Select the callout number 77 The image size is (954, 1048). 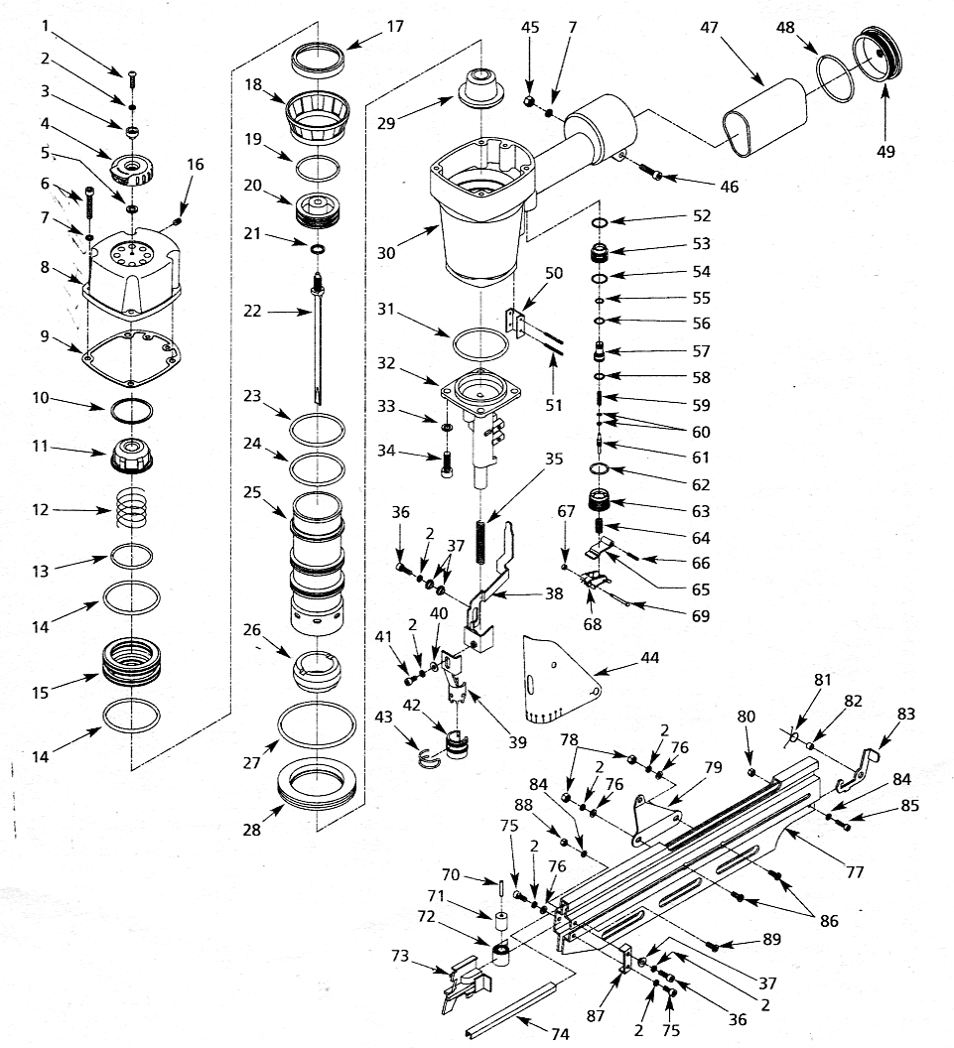[x=856, y=872]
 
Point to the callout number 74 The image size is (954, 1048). [x=561, y=1034]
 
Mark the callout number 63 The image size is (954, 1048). [x=701, y=511]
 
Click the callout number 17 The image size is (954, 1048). [x=394, y=28]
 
